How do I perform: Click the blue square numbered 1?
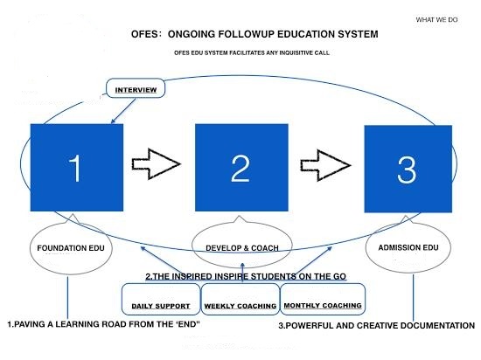[77, 167]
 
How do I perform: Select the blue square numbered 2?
[241, 167]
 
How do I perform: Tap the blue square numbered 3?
[408, 169]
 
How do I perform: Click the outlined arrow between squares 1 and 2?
[156, 164]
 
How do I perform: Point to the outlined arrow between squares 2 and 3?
[325, 165]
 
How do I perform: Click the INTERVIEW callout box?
[136, 88]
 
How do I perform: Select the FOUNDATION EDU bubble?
[71, 246]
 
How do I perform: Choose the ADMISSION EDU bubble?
[408, 246]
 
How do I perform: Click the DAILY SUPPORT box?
[161, 299]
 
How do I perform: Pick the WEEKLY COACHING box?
[240, 299]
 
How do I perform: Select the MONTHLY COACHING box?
[323, 299]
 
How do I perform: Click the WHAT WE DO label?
[436, 20]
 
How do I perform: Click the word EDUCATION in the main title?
[305, 34]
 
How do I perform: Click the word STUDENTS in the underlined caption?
[274, 276]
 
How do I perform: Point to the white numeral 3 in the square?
[407, 170]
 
